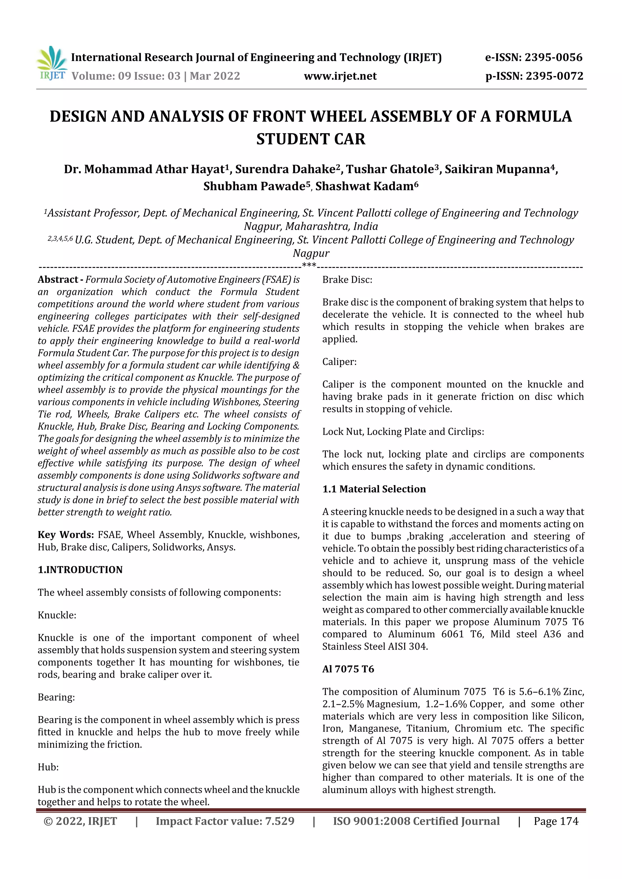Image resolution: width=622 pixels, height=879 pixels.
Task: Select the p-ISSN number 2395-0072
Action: tap(554, 76)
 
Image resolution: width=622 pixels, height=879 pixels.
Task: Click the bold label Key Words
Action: tap(66, 535)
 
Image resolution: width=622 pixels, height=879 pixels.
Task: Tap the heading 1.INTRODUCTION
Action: tap(80, 570)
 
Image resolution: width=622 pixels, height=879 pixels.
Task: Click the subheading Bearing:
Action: tap(56, 697)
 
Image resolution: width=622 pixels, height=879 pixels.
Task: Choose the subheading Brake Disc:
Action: tap(347, 280)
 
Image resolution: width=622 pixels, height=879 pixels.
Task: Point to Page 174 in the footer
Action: tap(556, 821)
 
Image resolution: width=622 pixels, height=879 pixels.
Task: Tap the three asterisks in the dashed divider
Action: tap(309, 265)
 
